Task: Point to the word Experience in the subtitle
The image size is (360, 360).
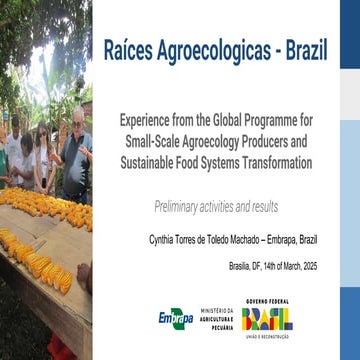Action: click(x=152, y=117)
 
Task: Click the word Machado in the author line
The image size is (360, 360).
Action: click(x=247, y=239)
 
